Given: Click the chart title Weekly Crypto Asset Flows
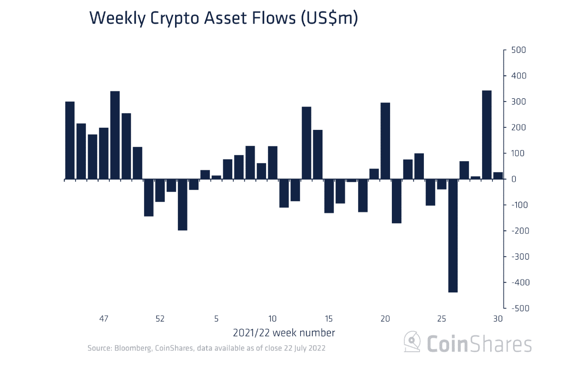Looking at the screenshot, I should coord(223,18).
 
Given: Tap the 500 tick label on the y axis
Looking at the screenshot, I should coord(518,50).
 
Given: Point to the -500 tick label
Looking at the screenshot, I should coord(520,308).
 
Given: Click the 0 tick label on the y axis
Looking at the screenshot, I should coord(514,179).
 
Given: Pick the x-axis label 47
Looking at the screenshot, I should coord(104,319).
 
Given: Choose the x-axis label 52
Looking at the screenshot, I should coord(160,319).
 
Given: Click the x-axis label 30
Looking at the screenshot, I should coord(498,319).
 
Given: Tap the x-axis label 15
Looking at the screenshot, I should coord(329,319).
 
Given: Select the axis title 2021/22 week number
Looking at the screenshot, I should coord(284,333).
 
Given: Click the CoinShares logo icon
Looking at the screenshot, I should coord(412,342).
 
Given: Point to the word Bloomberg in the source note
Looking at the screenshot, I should coord(133,348).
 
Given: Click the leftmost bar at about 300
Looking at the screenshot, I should coord(70,140).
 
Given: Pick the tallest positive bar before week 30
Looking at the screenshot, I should coord(487,135).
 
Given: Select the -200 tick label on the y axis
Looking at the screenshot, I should coord(520,231).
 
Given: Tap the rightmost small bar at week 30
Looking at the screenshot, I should coord(498,175).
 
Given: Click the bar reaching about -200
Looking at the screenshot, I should coord(183,205).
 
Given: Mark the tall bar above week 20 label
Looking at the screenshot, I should coord(385,141).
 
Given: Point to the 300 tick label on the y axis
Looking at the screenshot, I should coord(518,102).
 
